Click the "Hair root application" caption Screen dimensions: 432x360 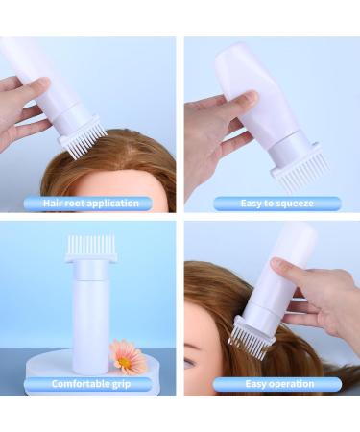(88, 203)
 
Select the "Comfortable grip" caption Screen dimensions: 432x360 (88, 384)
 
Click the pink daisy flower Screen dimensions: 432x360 (128, 356)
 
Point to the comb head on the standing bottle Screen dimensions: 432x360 (91, 249)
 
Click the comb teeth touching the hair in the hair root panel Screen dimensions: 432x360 (82, 146)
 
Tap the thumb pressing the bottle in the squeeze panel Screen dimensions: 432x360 (248, 98)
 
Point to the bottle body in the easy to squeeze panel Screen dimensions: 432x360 (254, 86)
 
